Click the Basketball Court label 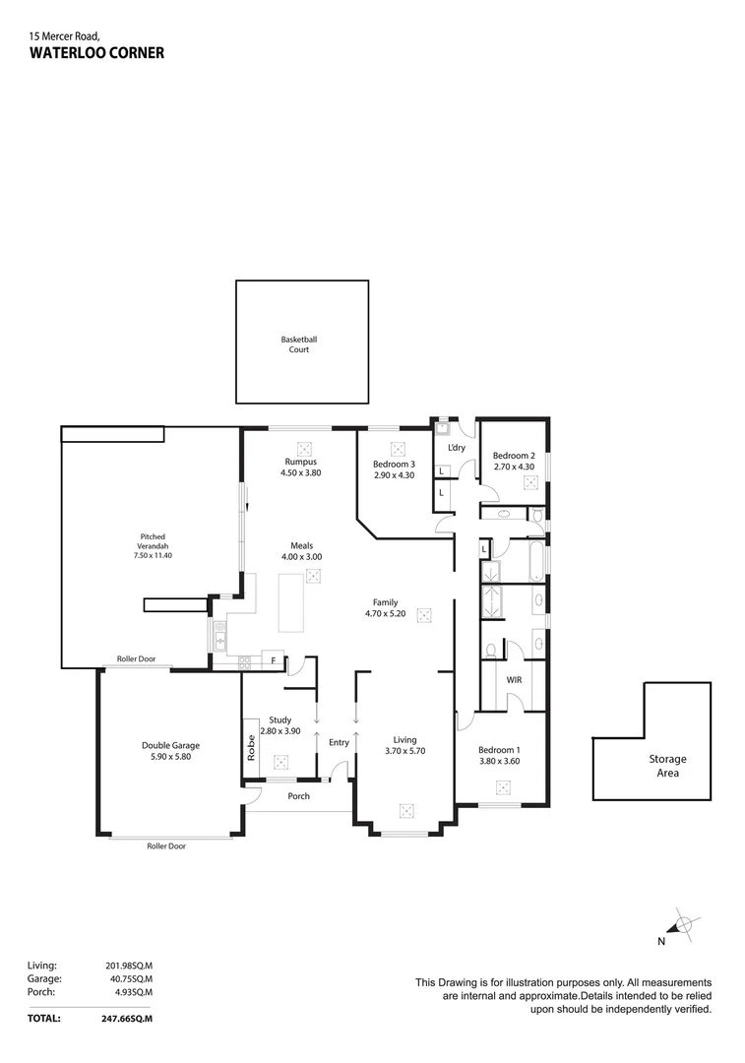(299, 344)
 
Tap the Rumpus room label (301, 462)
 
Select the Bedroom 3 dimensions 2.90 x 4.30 (394, 475)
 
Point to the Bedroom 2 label (514, 456)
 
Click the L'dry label (457, 448)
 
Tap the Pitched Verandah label (153, 541)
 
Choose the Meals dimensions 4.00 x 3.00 (302, 556)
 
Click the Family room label (385, 602)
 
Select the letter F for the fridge (274, 660)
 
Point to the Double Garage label (170, 745)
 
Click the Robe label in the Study (251, 747)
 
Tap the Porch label (299, 796)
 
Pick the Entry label (339, 742)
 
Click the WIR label (514, 680)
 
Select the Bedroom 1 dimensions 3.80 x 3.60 (500, 761)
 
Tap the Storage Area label (667, 766)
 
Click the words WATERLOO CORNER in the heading (96, 53)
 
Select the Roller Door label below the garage (166, 846)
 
